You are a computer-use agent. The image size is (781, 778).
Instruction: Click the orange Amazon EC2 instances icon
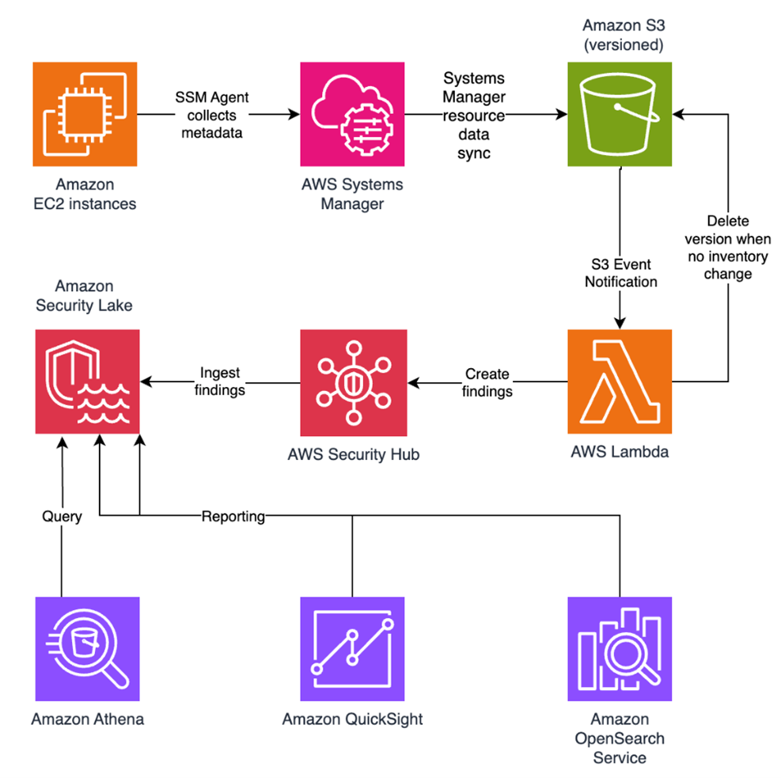tap(85, 115)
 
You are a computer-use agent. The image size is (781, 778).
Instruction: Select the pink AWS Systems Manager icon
tap(352, 115)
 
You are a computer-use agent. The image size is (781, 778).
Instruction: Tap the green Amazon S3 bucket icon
tap(620, 115)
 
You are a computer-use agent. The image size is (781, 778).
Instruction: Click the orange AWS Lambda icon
tap(620, 381)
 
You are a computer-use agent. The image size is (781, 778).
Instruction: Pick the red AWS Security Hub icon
tap(352, 381)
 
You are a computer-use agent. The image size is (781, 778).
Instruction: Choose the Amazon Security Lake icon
tap(87, 381)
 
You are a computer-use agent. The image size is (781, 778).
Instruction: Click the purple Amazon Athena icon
tap(87, 648)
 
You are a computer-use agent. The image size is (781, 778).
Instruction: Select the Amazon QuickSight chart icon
tap(352, 648)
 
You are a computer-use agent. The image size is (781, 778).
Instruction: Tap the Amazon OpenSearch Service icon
tap(620, 648)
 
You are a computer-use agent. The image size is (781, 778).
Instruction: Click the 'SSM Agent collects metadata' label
tap(211, 115)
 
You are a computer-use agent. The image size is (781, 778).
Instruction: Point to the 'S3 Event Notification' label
tap(621, 273)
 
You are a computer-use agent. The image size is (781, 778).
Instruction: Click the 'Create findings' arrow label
tap(487, 382)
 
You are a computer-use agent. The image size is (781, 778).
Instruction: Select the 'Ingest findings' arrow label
tap(220, 382)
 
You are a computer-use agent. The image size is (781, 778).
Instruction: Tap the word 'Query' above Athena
tap(62, 516)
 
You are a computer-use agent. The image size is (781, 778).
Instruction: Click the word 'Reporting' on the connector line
tap(233, 516)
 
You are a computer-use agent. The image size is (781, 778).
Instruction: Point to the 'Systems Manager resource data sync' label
tap(473, 116)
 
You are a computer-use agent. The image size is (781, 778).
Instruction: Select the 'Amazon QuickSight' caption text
tap(352, 719)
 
